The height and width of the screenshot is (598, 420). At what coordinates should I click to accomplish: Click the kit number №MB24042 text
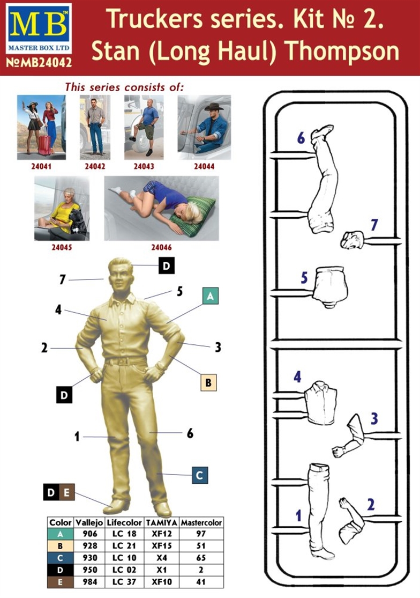pyautogui.click(x=39, y=62)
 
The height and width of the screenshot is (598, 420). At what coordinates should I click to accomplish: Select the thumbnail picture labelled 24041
pyautogui.click(x=41, y=127)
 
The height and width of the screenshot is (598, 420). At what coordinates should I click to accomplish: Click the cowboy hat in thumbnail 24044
pyautogui.click(x=214, y=107)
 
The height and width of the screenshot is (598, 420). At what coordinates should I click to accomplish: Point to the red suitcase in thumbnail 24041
pyautogui.click(x=44, y=145)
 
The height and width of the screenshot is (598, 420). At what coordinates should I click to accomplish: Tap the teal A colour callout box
pyautogui.click(x=210, y=296)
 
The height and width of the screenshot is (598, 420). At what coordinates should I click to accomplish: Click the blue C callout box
pyautogui.click(x=199, y=475)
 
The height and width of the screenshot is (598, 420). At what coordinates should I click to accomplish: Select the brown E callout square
pyautogui.click(x=67, y=492)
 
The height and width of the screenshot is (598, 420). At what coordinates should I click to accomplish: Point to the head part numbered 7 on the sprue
pyautogui.click(x=352, y=240)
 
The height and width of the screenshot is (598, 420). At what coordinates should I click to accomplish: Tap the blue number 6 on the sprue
pyautogui.click(x=301, y=138)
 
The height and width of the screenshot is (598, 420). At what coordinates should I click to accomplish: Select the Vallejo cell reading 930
pyautogui.click(x=90, y=558)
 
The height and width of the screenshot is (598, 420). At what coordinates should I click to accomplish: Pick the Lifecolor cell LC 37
pyautogui.click(x=124, y=582)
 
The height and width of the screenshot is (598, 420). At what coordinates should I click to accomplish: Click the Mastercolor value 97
pyautogui.click(x=201, y=534)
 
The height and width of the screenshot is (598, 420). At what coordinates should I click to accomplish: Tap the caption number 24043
pyautogui.click(x=144, y=166)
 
